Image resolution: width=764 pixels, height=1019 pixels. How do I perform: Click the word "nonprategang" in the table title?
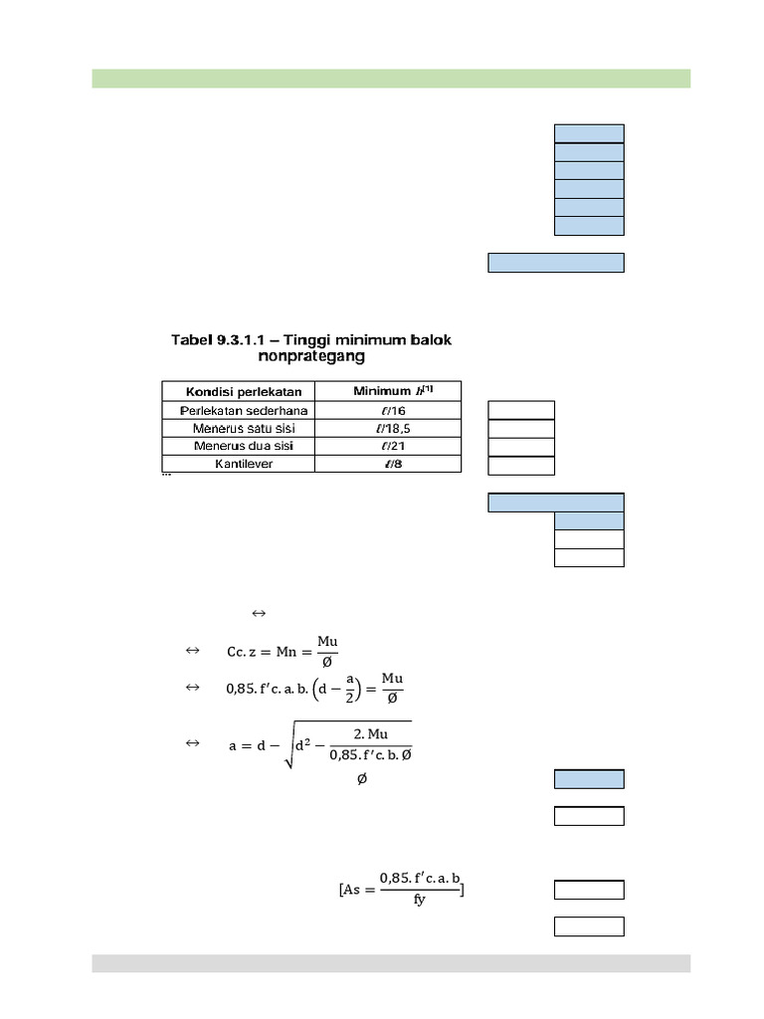[x=310, y=355]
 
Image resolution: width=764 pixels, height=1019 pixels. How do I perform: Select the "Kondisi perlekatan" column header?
[x=237, y=391]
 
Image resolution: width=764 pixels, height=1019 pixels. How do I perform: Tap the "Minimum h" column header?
[x=387, y=391]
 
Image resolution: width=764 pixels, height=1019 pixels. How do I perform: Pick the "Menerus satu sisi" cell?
[x=237, y=428]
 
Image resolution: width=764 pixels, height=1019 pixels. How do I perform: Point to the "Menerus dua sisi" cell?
[x=237, y=446]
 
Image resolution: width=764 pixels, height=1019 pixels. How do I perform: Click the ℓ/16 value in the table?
[x=387, y=410]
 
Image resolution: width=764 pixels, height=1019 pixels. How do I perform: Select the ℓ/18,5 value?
[x=387, y=428]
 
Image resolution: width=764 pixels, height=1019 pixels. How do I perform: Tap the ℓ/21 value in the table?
[x=387, y=446]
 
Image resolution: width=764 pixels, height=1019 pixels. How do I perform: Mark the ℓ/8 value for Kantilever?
[x=387, y=464]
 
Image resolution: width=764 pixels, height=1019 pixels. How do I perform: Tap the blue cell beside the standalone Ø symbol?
[x=589, y=779]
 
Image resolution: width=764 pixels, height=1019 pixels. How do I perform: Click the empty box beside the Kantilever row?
[x=521, y=465]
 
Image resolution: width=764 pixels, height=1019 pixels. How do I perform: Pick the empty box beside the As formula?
[x=589, y=890]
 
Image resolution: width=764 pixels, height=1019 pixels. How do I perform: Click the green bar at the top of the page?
[x=391, y=79]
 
